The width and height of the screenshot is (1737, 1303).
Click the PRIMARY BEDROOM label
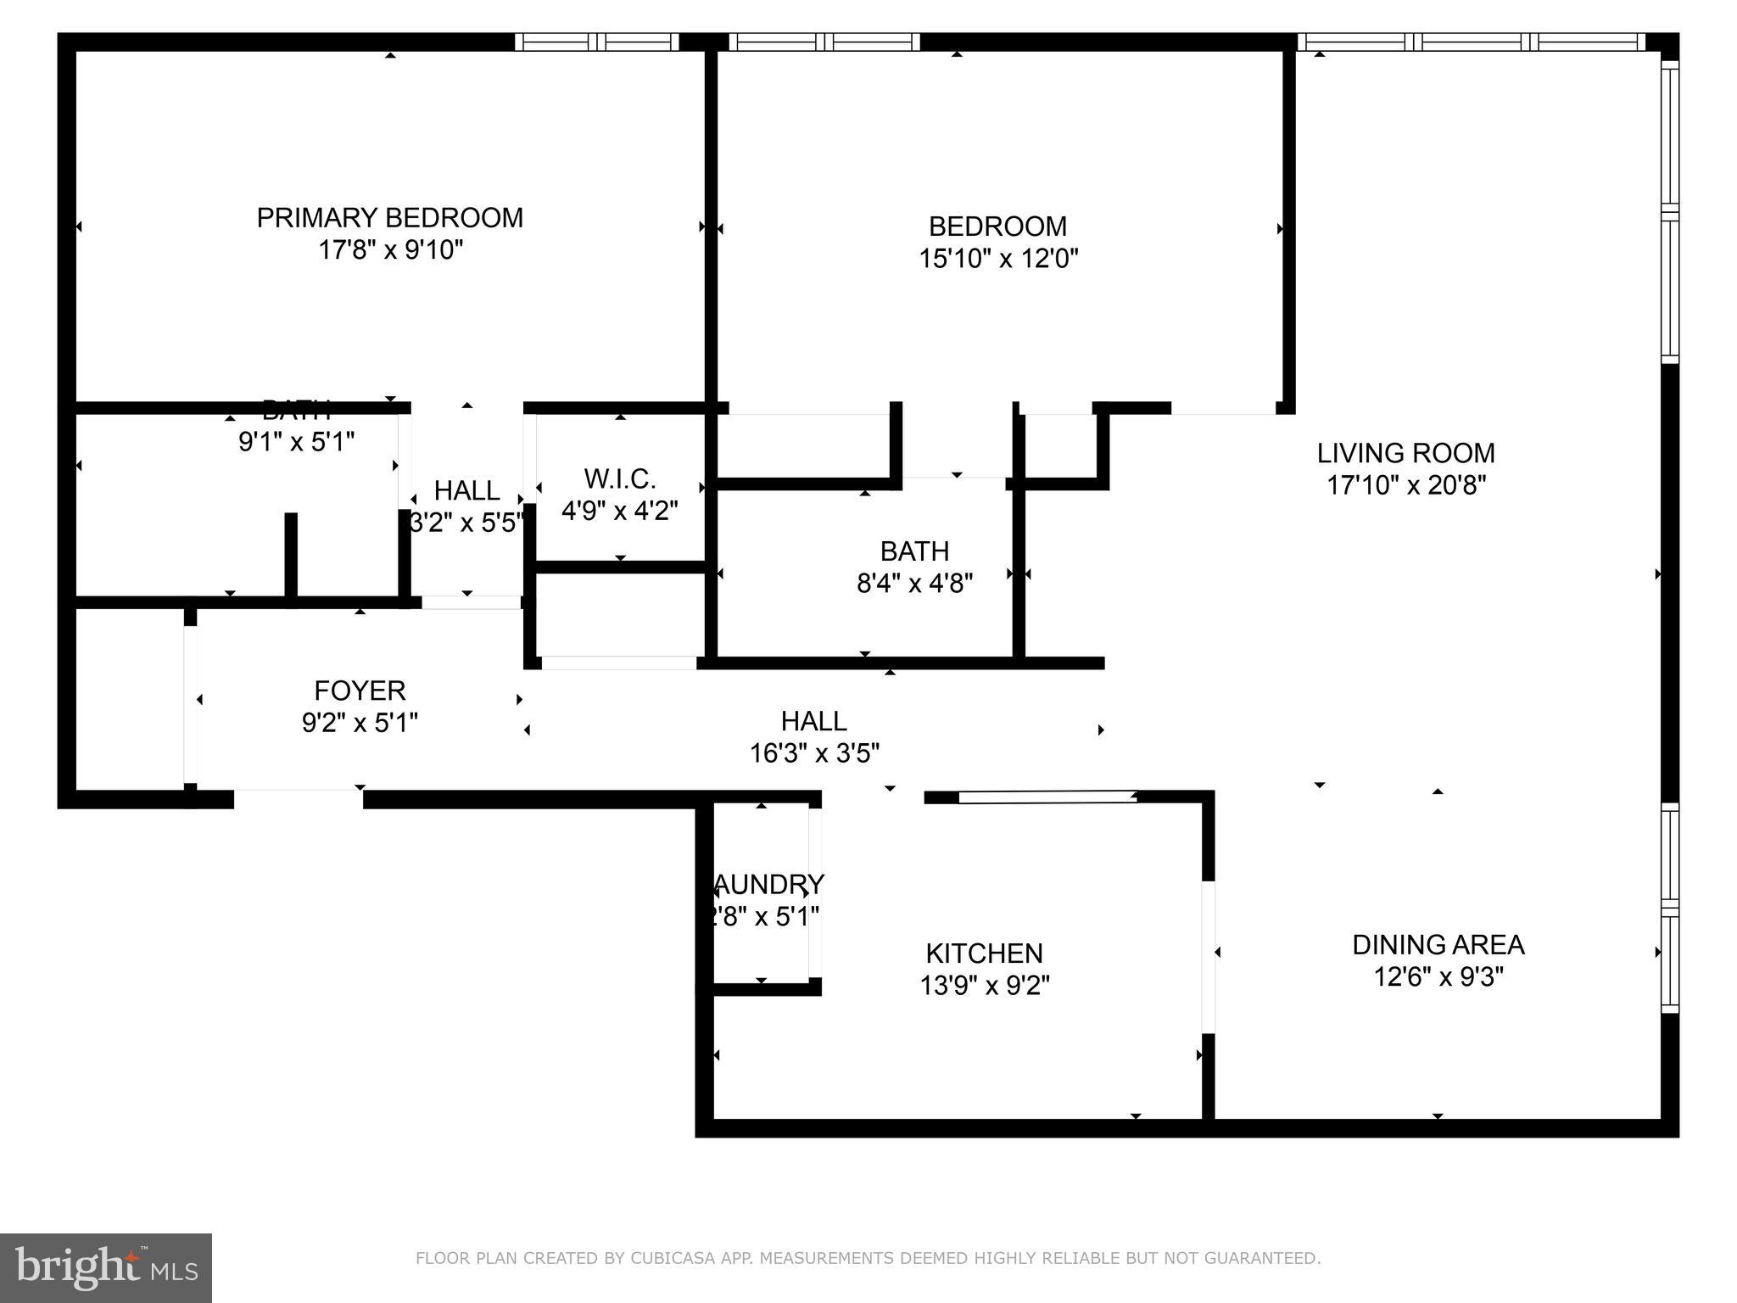pyautogui.click(x=389, y=218)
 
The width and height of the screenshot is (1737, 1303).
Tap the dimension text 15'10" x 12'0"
pyautogui.click(x=997, y=259)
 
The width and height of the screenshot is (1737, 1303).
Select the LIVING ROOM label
pyautogui.click(x=1405, y=453)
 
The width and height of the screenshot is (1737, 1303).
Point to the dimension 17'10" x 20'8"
pyautogui.click(x=1405, y=485)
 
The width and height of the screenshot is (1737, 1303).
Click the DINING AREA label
pyautogui.click(x=1438, y=944)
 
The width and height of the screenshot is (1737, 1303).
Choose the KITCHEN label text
pyautogui.click(x=984, y=953)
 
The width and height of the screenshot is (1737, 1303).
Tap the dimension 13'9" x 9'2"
pyautogui.click(x=984, y=986)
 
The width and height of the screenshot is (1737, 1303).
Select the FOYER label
pyautogui.click(x=360, y=691)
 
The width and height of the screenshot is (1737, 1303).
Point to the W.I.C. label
pyautogui.click(x=619, y=479)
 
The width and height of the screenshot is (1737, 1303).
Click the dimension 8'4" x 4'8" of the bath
pyautogui.click(x=914, y=584)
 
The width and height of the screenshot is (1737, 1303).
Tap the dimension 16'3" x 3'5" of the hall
pyautogui.click(x=814, y=753)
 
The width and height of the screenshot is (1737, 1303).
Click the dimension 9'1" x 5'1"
pyautogui.click(x=296, y=442)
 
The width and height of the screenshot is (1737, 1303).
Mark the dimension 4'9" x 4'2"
pyautogui.click(x=619, y=512)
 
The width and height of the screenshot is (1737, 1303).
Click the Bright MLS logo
pyautogui.click(x=105, y=1267)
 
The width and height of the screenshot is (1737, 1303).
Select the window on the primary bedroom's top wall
pyautogui.click(x=597, y=42)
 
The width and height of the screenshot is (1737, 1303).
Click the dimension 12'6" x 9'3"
pyautogui.click(x=1438, y=977)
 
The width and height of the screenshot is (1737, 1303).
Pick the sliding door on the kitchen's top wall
pyautogui.click(x=1047, y=797)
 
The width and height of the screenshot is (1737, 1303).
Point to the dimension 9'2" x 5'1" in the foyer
pyautogui.click(x=360, y=723)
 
